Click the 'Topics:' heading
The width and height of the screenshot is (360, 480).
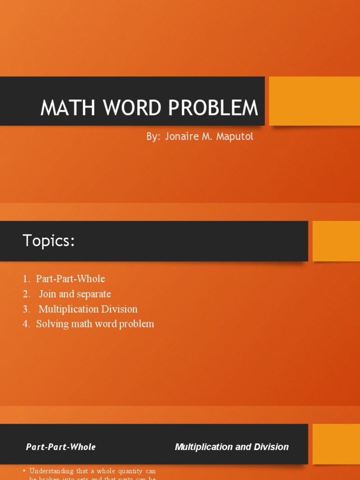coord(49,241)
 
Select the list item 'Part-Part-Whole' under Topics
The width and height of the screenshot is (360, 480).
coord(70,279)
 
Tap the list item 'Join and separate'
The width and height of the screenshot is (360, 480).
coord(75,294)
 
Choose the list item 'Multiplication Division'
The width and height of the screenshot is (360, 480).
coord(88,309)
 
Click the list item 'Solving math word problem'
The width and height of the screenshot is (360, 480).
coord(95,324)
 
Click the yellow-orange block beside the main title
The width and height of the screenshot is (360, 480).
coord(314,101)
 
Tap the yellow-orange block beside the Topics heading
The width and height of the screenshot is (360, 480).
coord(336,241)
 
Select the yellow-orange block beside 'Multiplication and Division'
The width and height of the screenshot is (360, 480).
coord(336,444)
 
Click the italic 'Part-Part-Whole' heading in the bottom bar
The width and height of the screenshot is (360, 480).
coord(61,447)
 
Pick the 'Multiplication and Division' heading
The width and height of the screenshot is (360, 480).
coord(232,447)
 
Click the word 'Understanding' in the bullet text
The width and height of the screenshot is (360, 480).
coord(51,471)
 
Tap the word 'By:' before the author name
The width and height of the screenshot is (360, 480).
coord(153,137)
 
